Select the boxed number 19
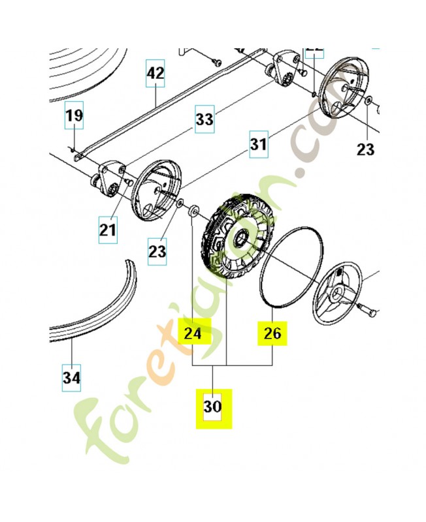pyautogui.click(x=74, y=116)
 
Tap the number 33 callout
pyautogui.click(x=205, y=119)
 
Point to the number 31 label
pyautogui.click(x=258, y=145)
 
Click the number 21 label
pyautogui.click(x=108, y=230)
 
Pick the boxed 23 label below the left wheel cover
pyautogui.click(x=157, y=249)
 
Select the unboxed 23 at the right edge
pyautogui.click(x=366, y=149)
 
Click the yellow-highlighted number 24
pyautogui.click(x=193, y=333)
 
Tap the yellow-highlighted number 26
pyautogui.click(x=272, y=333)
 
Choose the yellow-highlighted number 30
pyautogui.click(x=214, y=407)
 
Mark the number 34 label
pyautogui.click(x=72, y=376)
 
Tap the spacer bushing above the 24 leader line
pyautogui.click(x=194, y=212)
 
